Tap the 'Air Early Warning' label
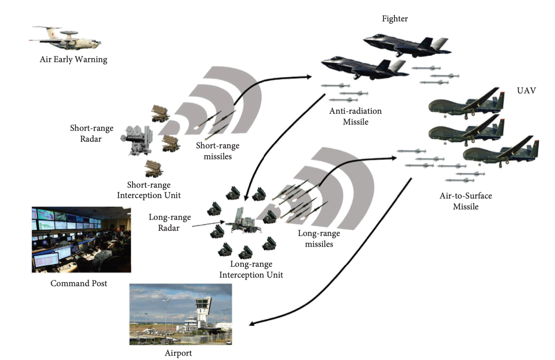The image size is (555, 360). point(73,60)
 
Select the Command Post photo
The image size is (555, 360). point(81,240)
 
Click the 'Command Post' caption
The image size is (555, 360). point(79,284)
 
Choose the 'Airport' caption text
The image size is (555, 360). point(178,353)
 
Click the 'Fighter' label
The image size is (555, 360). point(395,19)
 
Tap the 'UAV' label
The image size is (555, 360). point(527,90)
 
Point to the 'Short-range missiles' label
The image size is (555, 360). point(217,150)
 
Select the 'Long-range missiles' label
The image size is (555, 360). point(319,239)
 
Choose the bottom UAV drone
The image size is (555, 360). point(500,152)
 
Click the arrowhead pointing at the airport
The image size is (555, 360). point(252,324)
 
